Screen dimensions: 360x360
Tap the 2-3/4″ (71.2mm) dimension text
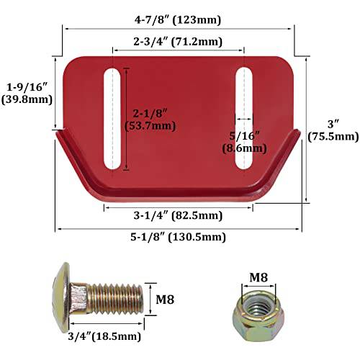[x=178, y=41]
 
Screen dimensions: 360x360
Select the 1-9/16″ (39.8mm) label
[x=27, y=91]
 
